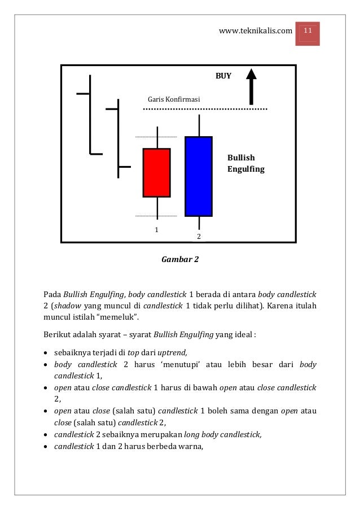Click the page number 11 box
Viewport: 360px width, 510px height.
pos(309,29)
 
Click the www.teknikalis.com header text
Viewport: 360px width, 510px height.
pos(256,30)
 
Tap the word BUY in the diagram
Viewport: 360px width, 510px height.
pos(223,76)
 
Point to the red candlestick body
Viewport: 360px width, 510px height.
pos(156,172)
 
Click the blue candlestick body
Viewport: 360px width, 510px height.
pos(199,176)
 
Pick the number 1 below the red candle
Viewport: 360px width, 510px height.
pos(157,230)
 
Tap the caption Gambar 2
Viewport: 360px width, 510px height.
pos(180,260)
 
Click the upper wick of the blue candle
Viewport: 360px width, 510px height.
pos(199,125)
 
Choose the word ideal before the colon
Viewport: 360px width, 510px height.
pos(243,334)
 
